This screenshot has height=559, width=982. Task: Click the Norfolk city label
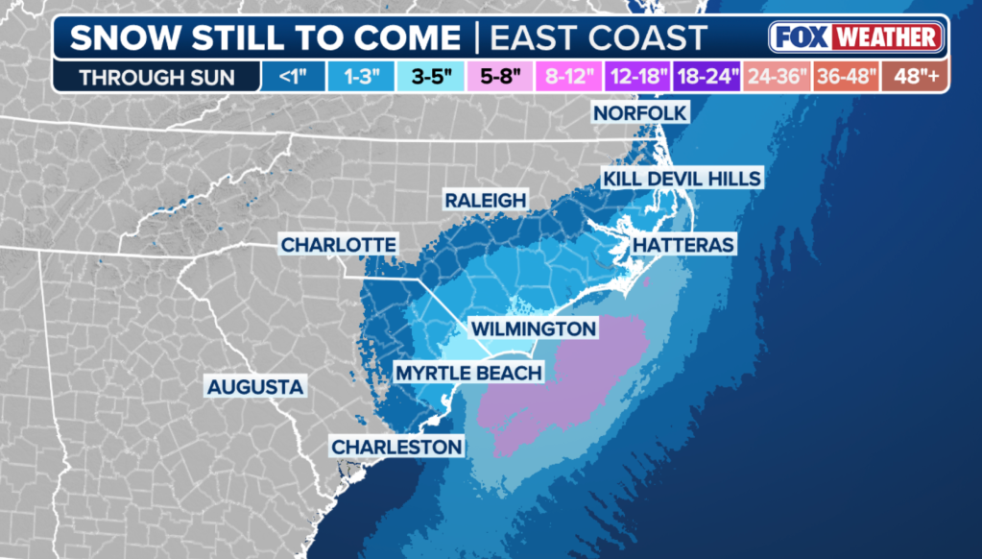(640, 113)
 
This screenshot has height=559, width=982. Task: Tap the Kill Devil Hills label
(682, 179)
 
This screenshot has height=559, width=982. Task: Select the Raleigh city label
(485, 200)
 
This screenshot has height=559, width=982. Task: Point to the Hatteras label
(683, 245)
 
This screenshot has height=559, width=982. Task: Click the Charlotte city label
(338, 245)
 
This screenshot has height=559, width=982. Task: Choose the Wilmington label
(532, 328)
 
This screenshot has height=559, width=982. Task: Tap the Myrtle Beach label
(469, 373)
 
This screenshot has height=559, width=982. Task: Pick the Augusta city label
(255, 387)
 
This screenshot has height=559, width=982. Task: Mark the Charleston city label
(396, 447)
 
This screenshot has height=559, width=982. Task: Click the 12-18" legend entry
(638, 77)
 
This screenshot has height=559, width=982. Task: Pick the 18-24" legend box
(706, 77)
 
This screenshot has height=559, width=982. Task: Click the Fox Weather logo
(856, 37)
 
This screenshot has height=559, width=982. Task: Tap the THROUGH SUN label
(156, 77)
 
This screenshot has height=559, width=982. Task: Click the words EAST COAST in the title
(599, 38)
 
